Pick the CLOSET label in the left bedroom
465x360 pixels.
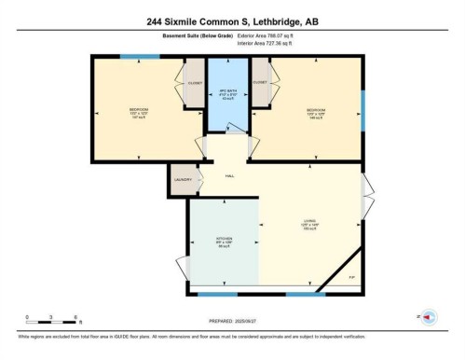point(195,83)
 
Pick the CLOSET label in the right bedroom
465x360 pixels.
point(260,82)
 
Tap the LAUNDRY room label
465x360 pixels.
point(183,180)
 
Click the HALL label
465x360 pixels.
point(229,175)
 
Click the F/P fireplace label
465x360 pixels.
point(352,278)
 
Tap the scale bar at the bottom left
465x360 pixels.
point(54,320)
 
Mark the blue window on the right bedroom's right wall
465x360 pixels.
point(362,110)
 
